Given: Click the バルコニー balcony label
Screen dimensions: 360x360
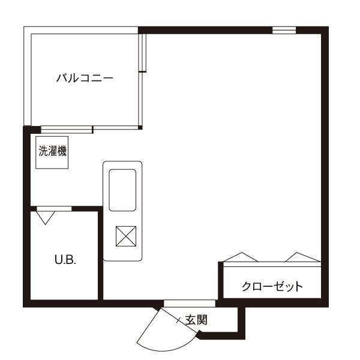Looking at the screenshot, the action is click(85, 78).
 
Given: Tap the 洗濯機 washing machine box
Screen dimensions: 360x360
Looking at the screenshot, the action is click(52, 152).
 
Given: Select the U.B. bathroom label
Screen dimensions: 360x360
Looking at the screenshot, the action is click(65, 260).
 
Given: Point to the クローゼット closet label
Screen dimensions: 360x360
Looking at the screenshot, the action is click(272, 286).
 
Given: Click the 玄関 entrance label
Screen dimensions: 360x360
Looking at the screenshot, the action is click(196, 320).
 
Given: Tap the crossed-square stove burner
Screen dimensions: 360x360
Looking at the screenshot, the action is click(126, 236).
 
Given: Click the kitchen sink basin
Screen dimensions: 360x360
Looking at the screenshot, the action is click(122, 190).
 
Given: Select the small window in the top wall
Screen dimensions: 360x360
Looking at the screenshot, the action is click(284, 31).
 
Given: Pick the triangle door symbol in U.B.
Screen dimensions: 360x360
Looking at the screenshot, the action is click(46, 218).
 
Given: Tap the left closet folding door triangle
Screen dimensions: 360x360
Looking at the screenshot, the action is click(241, 257).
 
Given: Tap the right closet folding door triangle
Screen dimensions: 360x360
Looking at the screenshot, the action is click(303, 257).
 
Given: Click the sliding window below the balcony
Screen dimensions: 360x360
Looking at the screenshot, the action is click(67, 130).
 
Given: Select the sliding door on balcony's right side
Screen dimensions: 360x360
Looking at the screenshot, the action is click(142, 53).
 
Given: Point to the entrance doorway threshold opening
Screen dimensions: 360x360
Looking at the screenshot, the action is click(190, 303).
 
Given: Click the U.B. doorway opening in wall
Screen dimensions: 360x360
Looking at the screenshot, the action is click(54, 209).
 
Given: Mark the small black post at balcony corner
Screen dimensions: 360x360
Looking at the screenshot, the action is click(140, 127).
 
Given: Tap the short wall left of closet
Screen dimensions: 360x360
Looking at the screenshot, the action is click(221, 280).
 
